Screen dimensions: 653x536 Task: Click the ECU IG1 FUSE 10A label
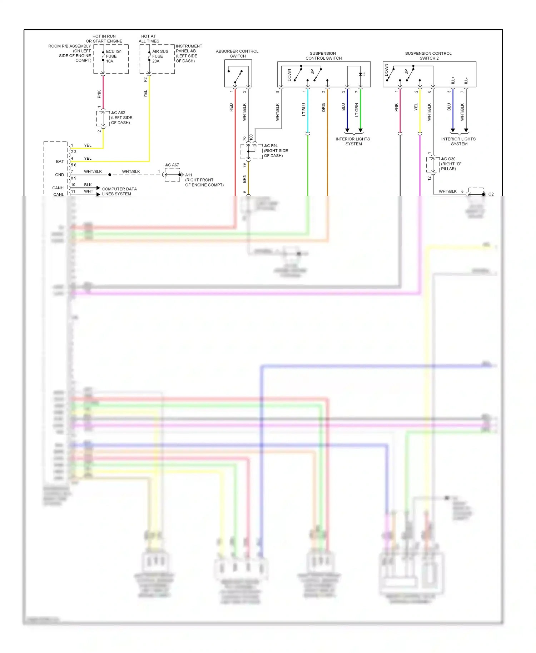coord(113,56)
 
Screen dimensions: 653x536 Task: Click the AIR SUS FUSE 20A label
coord(160,56)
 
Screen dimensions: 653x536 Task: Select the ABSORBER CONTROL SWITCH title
coord(237,54)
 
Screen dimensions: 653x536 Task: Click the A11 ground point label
coord(188,175)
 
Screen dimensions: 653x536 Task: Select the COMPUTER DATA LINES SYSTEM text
coord(119,191)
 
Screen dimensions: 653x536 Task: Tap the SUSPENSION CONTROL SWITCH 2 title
coord(428,56)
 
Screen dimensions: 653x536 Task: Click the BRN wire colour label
coord(244,179)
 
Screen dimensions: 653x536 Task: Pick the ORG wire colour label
coord(324,108)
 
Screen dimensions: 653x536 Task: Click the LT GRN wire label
coord(357,110)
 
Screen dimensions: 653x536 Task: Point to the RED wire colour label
coord(231,107)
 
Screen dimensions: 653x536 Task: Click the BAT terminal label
coord(60,161)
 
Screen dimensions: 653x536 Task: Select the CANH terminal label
coord(58,188)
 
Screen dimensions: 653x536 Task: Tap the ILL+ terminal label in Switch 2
coord(453,80)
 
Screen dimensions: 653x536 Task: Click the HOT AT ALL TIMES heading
coord(149,39)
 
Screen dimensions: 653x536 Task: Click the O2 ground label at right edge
coord(491,194)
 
